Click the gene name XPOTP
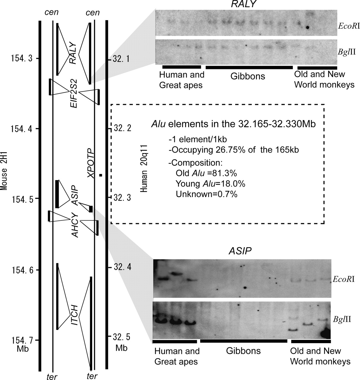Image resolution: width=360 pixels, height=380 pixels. click(90, 163)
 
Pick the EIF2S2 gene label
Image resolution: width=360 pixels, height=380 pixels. click(74, 93)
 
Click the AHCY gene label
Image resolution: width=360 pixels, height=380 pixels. click(75, 225)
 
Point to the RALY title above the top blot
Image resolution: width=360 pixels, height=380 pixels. click(243, 4)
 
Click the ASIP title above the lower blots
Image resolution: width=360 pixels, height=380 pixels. click(240, 251)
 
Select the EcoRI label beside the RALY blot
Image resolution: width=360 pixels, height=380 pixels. click(349, 26)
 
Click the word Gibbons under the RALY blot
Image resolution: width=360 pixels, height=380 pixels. click(248, 76)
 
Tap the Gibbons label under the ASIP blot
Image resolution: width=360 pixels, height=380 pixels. click(243, 350)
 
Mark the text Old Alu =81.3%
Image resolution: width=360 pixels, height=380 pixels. click(206, 173)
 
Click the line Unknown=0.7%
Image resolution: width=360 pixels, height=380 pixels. click(206, 194)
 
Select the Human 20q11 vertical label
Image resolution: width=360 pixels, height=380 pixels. click(144, 168)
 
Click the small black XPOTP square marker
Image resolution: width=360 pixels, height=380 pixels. click(101, 175)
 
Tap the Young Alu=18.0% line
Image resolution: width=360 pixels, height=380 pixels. click(210, 184)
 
